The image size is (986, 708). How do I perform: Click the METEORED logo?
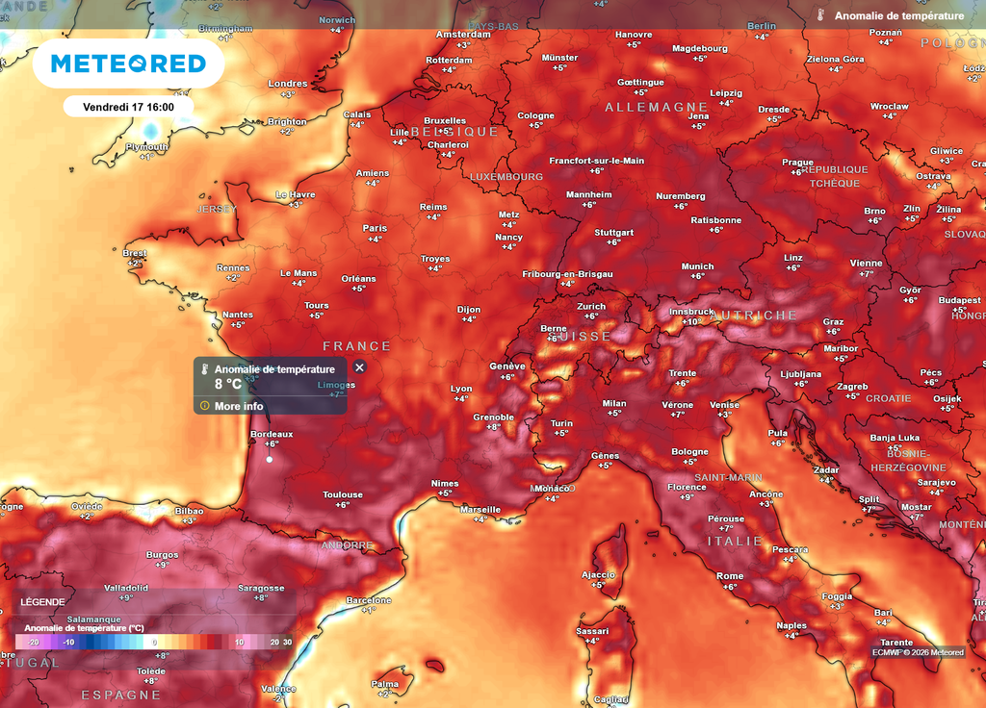pos(128,63)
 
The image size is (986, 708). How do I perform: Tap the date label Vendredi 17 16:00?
pos(128,107)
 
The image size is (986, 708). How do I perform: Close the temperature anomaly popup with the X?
pos(359,367)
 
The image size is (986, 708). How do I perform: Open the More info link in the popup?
pos(239,406)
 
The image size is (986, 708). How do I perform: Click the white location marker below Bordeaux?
pos(270,460)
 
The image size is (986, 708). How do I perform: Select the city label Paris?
pos(375,228)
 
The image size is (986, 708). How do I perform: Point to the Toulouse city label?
pos(343,494)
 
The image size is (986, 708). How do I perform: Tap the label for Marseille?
pos(480,509)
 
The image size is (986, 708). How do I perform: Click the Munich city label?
pos(697,266)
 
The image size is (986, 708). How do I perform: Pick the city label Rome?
pos(730,576)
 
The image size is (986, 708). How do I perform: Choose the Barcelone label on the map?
pos(368,600)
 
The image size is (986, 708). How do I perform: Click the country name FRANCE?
pos(357,346)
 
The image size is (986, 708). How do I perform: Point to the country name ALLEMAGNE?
pos(657,108)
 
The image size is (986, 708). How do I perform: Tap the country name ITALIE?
pos(736,542)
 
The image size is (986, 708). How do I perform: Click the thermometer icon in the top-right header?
pos(820,15)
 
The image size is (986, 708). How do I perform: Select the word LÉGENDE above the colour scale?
pos(42,602)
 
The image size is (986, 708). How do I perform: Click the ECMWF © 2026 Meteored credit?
pos(918,652)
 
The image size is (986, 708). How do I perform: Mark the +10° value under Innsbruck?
pos(690,321)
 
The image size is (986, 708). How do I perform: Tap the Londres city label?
pos(287,84)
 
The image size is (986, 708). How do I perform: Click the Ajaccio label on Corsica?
pos(598,574)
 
